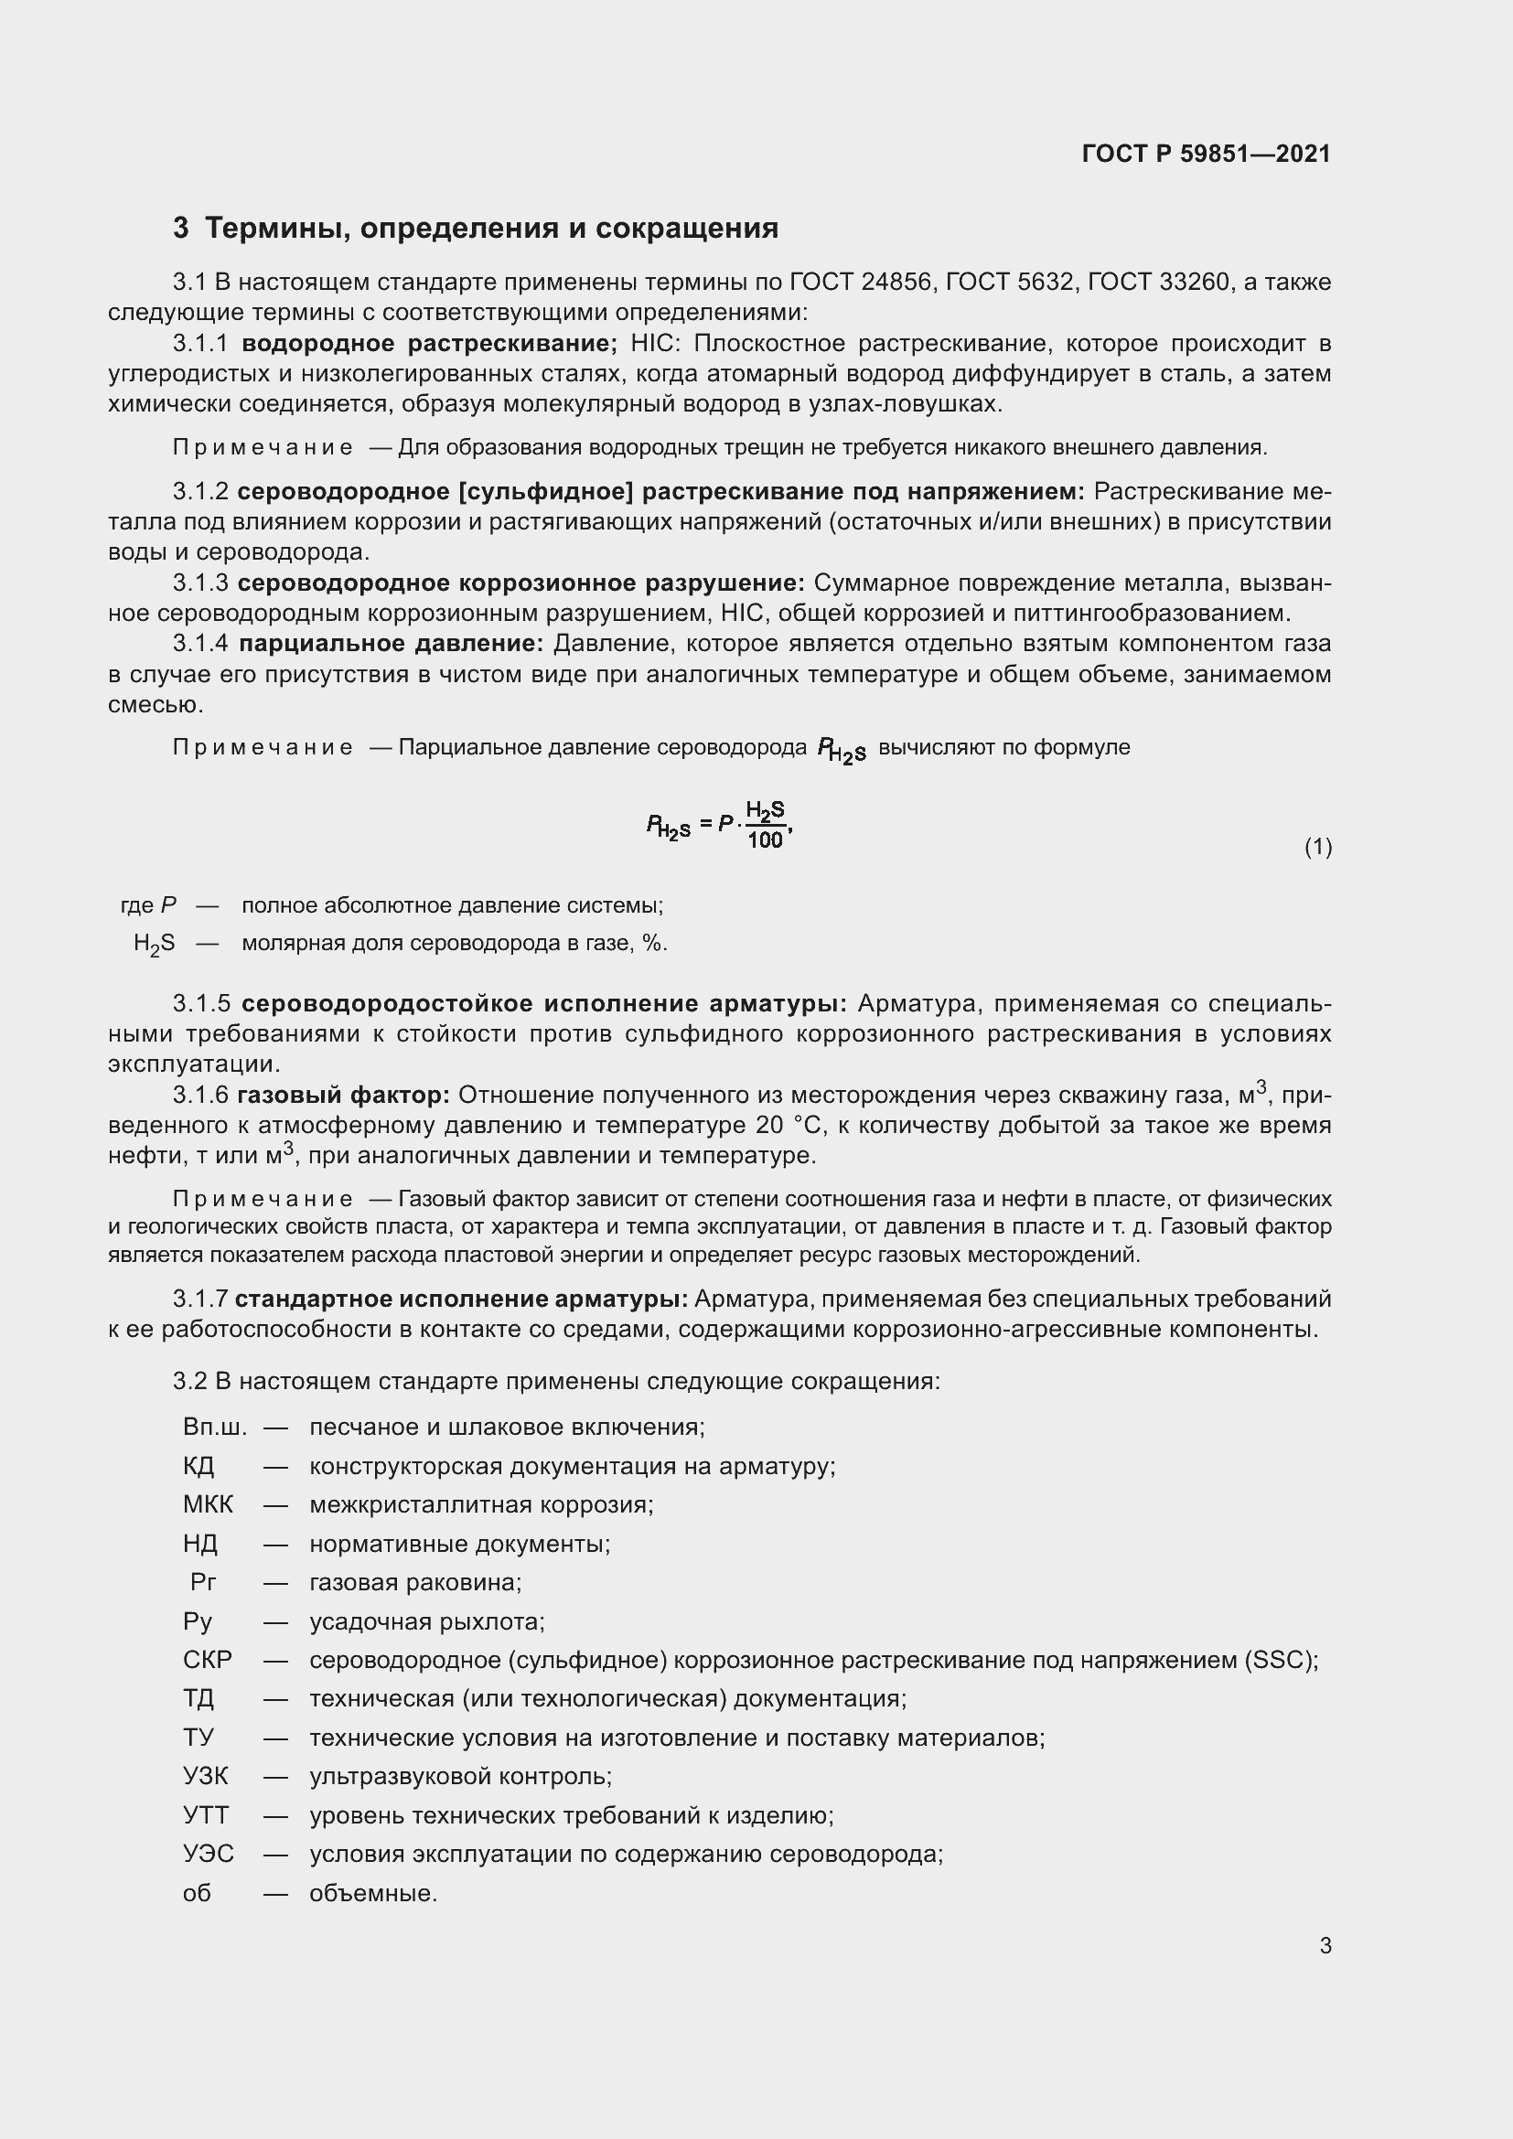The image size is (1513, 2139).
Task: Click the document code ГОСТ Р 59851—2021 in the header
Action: tap(1206, 154)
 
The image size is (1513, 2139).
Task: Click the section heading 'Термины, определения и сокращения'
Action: tap(491, 229)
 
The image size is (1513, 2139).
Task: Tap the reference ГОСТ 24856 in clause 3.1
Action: tap(861, 282)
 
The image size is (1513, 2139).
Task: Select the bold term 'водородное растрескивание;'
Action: tap(430, 343)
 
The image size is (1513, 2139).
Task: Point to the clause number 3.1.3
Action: tap(200, 583)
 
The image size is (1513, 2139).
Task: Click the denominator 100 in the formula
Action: tap(765, 840)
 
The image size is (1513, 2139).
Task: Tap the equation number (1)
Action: tap(1317, 847)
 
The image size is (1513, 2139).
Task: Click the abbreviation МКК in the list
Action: tap(208, 1504)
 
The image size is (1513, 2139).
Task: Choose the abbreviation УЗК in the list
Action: tap(206, 1777)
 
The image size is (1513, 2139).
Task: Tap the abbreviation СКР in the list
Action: tap(208, 1660)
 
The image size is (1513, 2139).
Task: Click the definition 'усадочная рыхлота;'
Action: tap(426, 1622)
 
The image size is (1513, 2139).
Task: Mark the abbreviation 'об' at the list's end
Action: tap(197, 1894)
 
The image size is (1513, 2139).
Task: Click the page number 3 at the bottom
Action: tap(1325, 1946)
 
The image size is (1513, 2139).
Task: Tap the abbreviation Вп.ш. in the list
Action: tap(215, 1428)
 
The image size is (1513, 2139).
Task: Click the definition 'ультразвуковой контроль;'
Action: tap(460, 1777)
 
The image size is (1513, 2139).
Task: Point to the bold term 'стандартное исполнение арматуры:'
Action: tap(461, 1299)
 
